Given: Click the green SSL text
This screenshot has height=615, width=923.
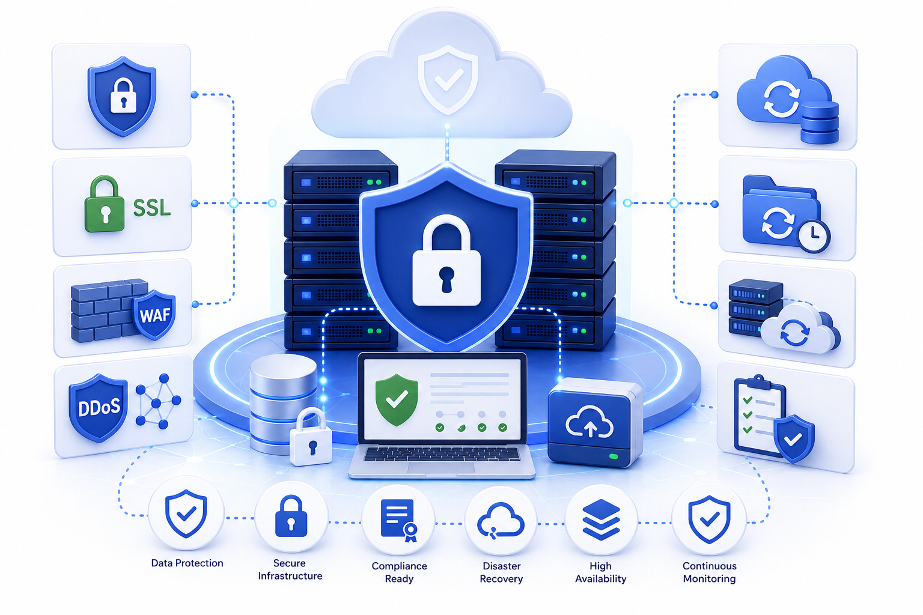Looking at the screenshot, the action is (152, 208).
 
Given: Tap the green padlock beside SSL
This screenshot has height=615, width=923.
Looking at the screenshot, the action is (105, 204).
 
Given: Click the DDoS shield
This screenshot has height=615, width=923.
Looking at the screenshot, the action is (99, 407).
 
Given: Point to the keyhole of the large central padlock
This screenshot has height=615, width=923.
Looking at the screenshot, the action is (446, 279).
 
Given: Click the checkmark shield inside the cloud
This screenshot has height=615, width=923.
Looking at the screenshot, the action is (448, 79).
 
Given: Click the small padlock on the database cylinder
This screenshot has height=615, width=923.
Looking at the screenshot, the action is (311, 437).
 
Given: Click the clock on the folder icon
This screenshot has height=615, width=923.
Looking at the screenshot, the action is (814, 236).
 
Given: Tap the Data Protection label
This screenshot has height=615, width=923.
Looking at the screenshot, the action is (187, 563).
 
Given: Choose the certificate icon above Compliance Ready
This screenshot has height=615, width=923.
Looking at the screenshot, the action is (399, 520).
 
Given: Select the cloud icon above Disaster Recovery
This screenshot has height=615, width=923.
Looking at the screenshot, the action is (501, 520).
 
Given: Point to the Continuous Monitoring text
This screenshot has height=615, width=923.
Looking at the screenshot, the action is (709, 572).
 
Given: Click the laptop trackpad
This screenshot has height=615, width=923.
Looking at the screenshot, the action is (441, 467).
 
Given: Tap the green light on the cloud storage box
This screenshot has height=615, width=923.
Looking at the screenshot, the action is (614, 456).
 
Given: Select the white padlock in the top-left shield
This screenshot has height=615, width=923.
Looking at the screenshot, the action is (123, 95).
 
